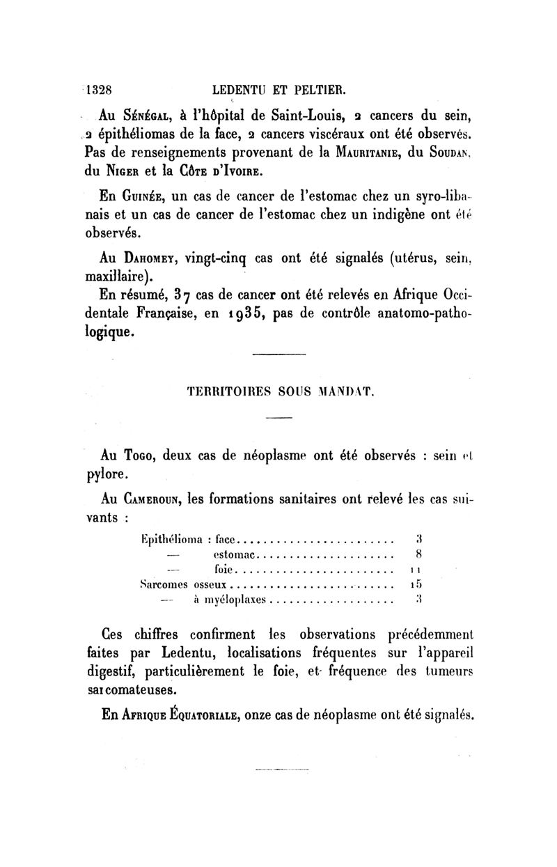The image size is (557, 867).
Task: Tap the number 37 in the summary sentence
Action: click(192, 295)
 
